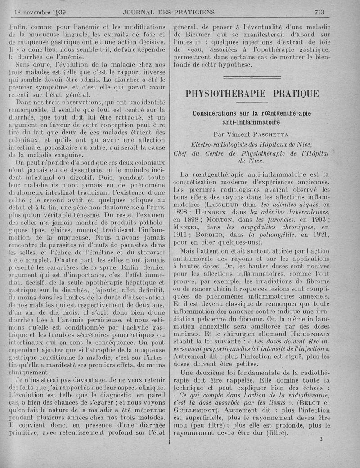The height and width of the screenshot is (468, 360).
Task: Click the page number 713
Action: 319,12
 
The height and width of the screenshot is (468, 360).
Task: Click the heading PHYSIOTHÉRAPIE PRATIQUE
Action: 252,94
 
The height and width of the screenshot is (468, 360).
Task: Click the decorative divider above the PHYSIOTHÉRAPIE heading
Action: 252,78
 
